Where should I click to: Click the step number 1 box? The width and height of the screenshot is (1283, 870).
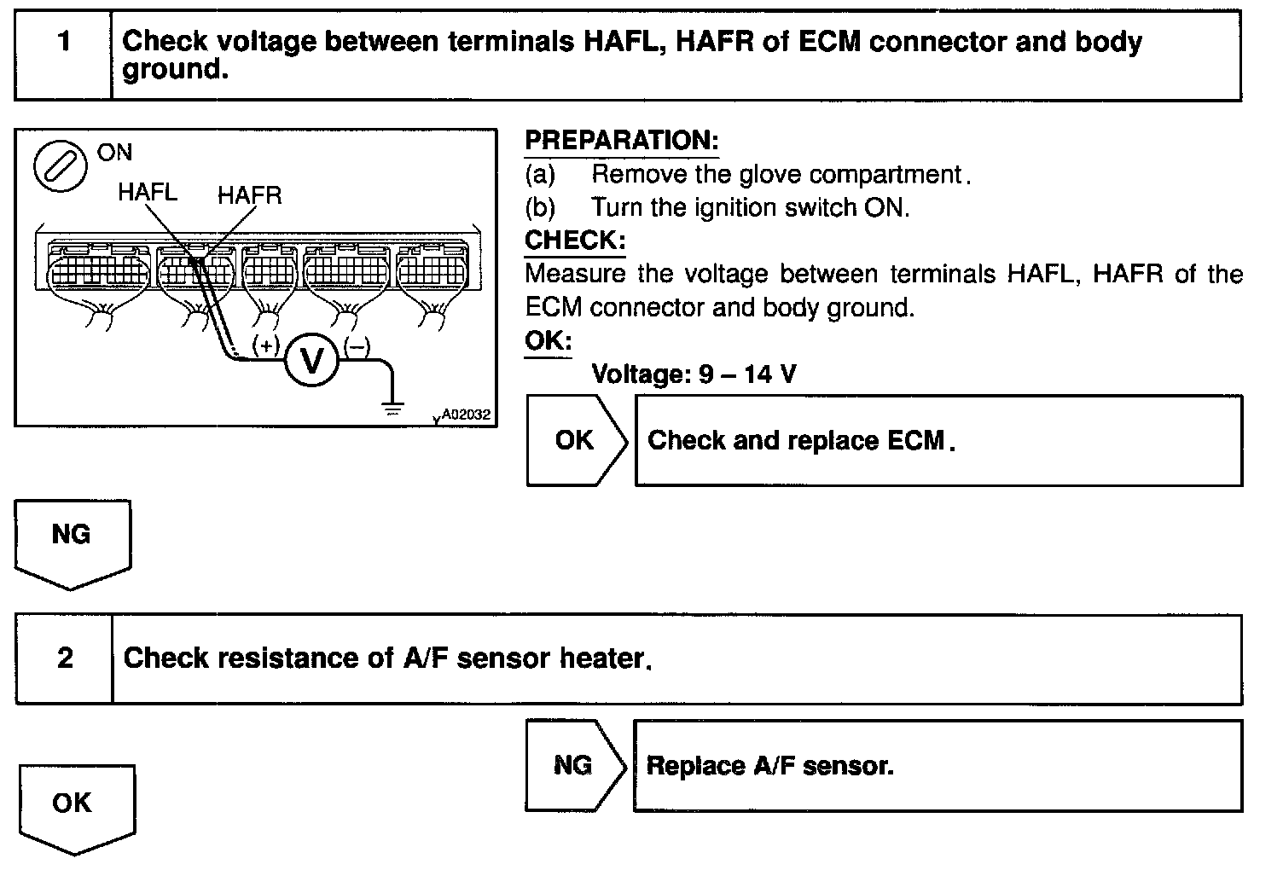click(64, 55)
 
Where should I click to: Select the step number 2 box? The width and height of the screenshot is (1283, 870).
click(65, 658)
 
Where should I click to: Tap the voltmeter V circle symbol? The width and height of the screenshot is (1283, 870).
click(312, 362)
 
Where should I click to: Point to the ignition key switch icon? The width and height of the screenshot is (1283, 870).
click(61, 166)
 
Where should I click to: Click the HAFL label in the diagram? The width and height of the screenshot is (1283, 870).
click(147, 192)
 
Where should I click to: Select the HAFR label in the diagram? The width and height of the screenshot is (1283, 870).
click(248, 195)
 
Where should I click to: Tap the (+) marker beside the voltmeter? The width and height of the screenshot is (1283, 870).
click(266, 345)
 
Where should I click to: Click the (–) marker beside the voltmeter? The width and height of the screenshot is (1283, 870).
click(357, 345)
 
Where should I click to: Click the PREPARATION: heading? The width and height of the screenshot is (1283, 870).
click(621, 141)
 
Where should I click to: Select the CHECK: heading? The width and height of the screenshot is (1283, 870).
click(575, 240)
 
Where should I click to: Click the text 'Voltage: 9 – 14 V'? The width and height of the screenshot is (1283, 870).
click(694, 374)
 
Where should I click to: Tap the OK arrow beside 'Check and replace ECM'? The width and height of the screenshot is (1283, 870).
click(576, 440)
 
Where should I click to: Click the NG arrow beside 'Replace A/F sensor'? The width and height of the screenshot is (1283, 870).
click(574, 765)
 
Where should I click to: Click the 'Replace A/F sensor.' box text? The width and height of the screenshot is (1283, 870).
click(769, 765)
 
